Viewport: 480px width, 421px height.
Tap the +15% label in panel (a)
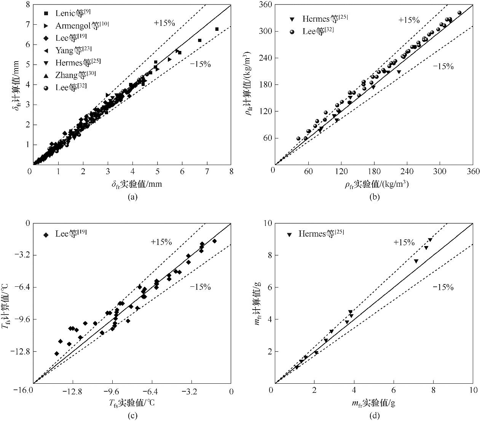pos(164,23)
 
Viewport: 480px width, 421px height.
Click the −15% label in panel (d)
pos(443,288)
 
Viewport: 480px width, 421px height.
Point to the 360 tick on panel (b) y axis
pos(266,5)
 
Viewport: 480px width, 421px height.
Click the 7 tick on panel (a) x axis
pos(207,172)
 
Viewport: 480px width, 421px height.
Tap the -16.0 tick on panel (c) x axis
pos(33,391)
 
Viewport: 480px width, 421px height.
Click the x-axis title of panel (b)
pos(377,184)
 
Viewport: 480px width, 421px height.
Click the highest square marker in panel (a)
pos(217,29)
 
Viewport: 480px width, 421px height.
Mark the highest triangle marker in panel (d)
pos(430,240)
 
